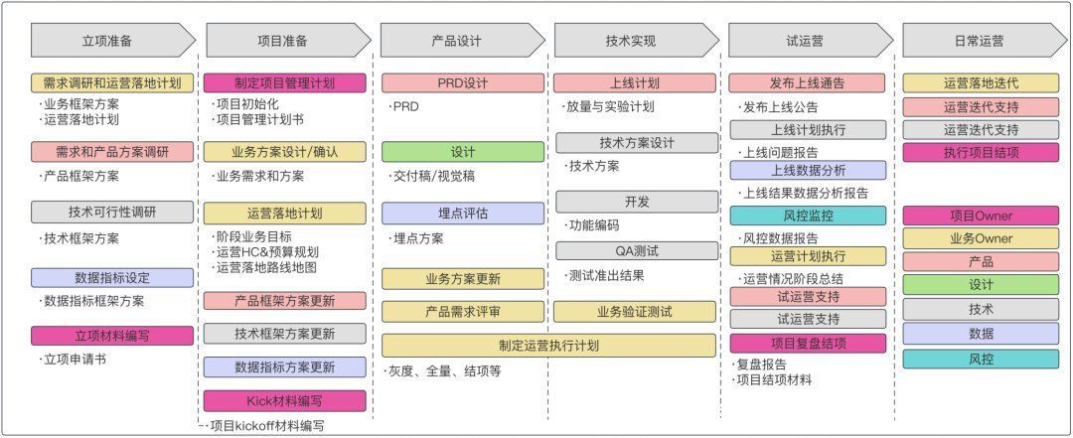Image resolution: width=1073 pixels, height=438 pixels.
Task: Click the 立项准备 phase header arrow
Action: point(113,41)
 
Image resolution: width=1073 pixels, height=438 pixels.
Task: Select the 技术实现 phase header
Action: point(636,41)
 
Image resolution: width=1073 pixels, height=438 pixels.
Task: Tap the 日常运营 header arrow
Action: point(984,41)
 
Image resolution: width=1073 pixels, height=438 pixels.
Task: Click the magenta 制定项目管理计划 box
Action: point(285,83)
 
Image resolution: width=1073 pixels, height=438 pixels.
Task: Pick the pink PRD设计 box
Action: point(463,83)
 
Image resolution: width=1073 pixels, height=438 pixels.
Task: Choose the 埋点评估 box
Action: point(463,213)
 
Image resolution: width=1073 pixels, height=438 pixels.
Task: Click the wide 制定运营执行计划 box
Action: point(548,346)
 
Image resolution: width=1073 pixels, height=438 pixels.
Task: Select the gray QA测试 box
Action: point(637,251)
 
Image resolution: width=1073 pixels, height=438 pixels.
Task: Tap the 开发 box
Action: point(637,202)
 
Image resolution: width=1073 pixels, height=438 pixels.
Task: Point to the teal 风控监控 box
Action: point(808,216)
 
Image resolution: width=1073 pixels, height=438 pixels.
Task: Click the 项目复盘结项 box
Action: point(808,343)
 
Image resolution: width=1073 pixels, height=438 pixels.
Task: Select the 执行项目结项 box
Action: point(981,152)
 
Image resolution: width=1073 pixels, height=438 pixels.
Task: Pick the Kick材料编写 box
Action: point(285,400)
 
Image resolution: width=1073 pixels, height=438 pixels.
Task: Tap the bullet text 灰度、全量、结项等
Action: point(445,371)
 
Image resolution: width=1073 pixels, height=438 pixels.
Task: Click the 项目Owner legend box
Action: point(981,216)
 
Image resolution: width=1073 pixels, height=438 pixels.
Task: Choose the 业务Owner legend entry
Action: point(981,238)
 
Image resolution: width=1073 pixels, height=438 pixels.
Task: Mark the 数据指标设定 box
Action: point(112,278)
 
